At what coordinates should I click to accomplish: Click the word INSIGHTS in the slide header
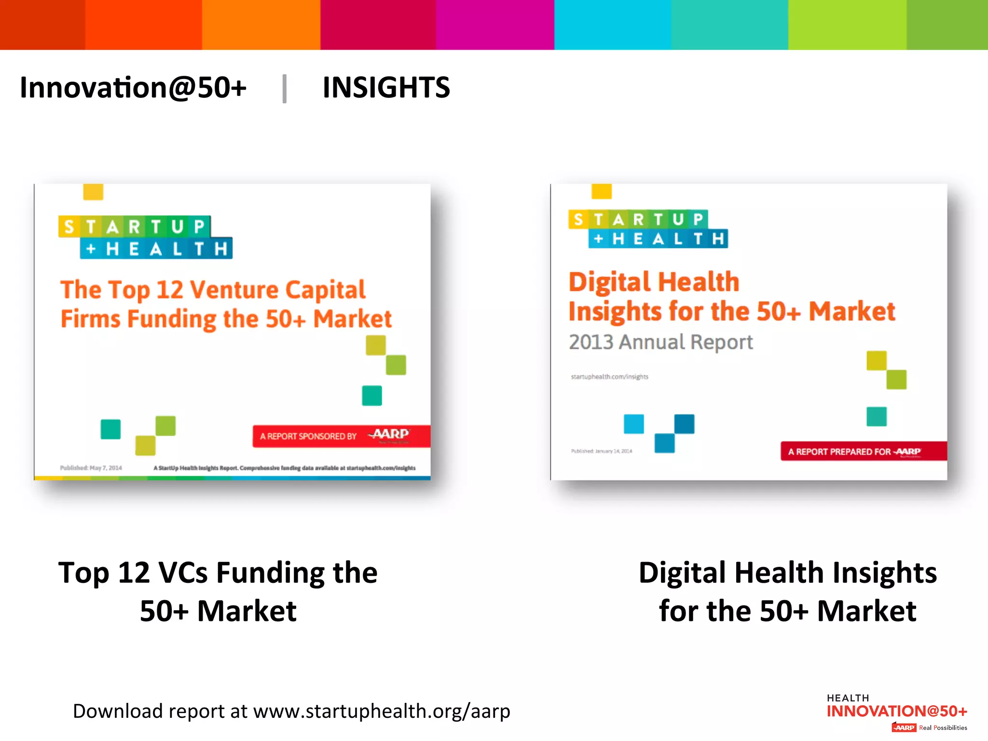386,88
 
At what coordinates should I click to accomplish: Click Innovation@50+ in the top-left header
133,88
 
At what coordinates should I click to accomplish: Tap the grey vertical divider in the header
285,88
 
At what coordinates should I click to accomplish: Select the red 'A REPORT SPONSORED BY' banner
341,436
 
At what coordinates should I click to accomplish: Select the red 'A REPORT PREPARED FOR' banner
864,452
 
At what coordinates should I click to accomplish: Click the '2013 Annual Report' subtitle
660,342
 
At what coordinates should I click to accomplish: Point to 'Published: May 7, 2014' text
91,468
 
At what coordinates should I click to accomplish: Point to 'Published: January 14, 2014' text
601,451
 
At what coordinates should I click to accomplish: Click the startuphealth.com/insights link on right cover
609,377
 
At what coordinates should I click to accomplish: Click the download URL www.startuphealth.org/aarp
382,711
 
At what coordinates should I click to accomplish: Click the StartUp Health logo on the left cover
145,237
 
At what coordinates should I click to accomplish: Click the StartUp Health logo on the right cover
648,229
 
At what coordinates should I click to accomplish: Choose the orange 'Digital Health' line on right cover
654,282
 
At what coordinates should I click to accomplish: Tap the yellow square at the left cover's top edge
93,192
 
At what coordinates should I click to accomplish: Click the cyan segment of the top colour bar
612,25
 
